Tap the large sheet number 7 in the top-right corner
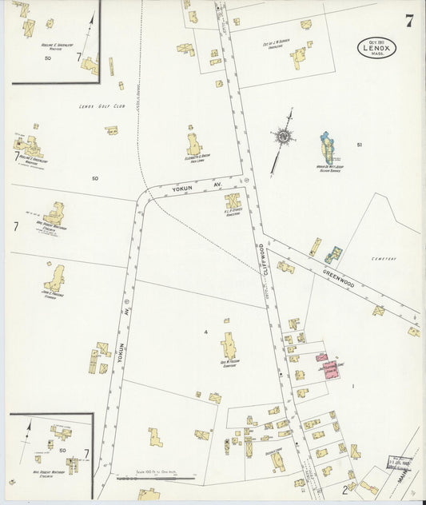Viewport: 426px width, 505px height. click(x=408, y=20)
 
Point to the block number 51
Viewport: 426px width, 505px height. click(x=360, y=145)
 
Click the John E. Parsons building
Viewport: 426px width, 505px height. click(x=54, y=279)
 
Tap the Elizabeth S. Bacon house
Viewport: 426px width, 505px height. click(x=194, y=145)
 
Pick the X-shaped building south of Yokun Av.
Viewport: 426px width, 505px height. click(x=233, y=201)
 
